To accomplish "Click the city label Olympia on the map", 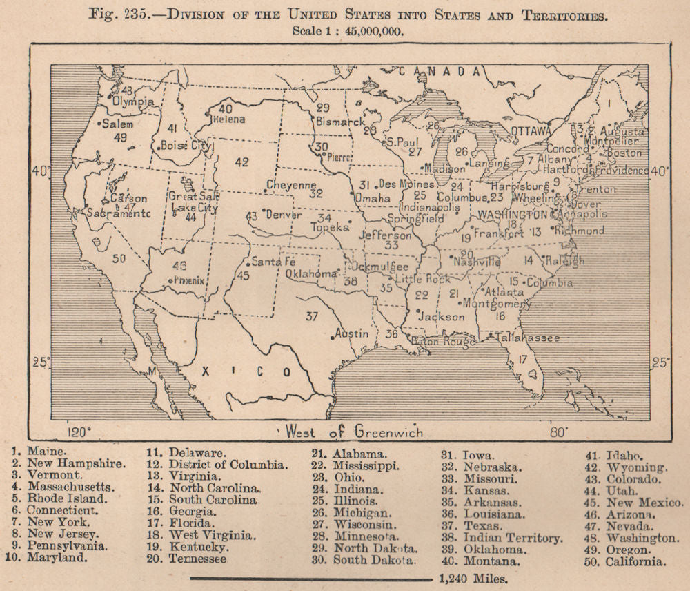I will [133, 101].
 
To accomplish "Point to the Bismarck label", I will [340, 122].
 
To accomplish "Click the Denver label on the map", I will [284, 214].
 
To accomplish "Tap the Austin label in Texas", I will [351, 333].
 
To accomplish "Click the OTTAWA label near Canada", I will [531, 130].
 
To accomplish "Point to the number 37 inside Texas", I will [313, 316].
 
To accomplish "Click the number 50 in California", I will [119, 258].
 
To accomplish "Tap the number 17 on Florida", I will [523, 359].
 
